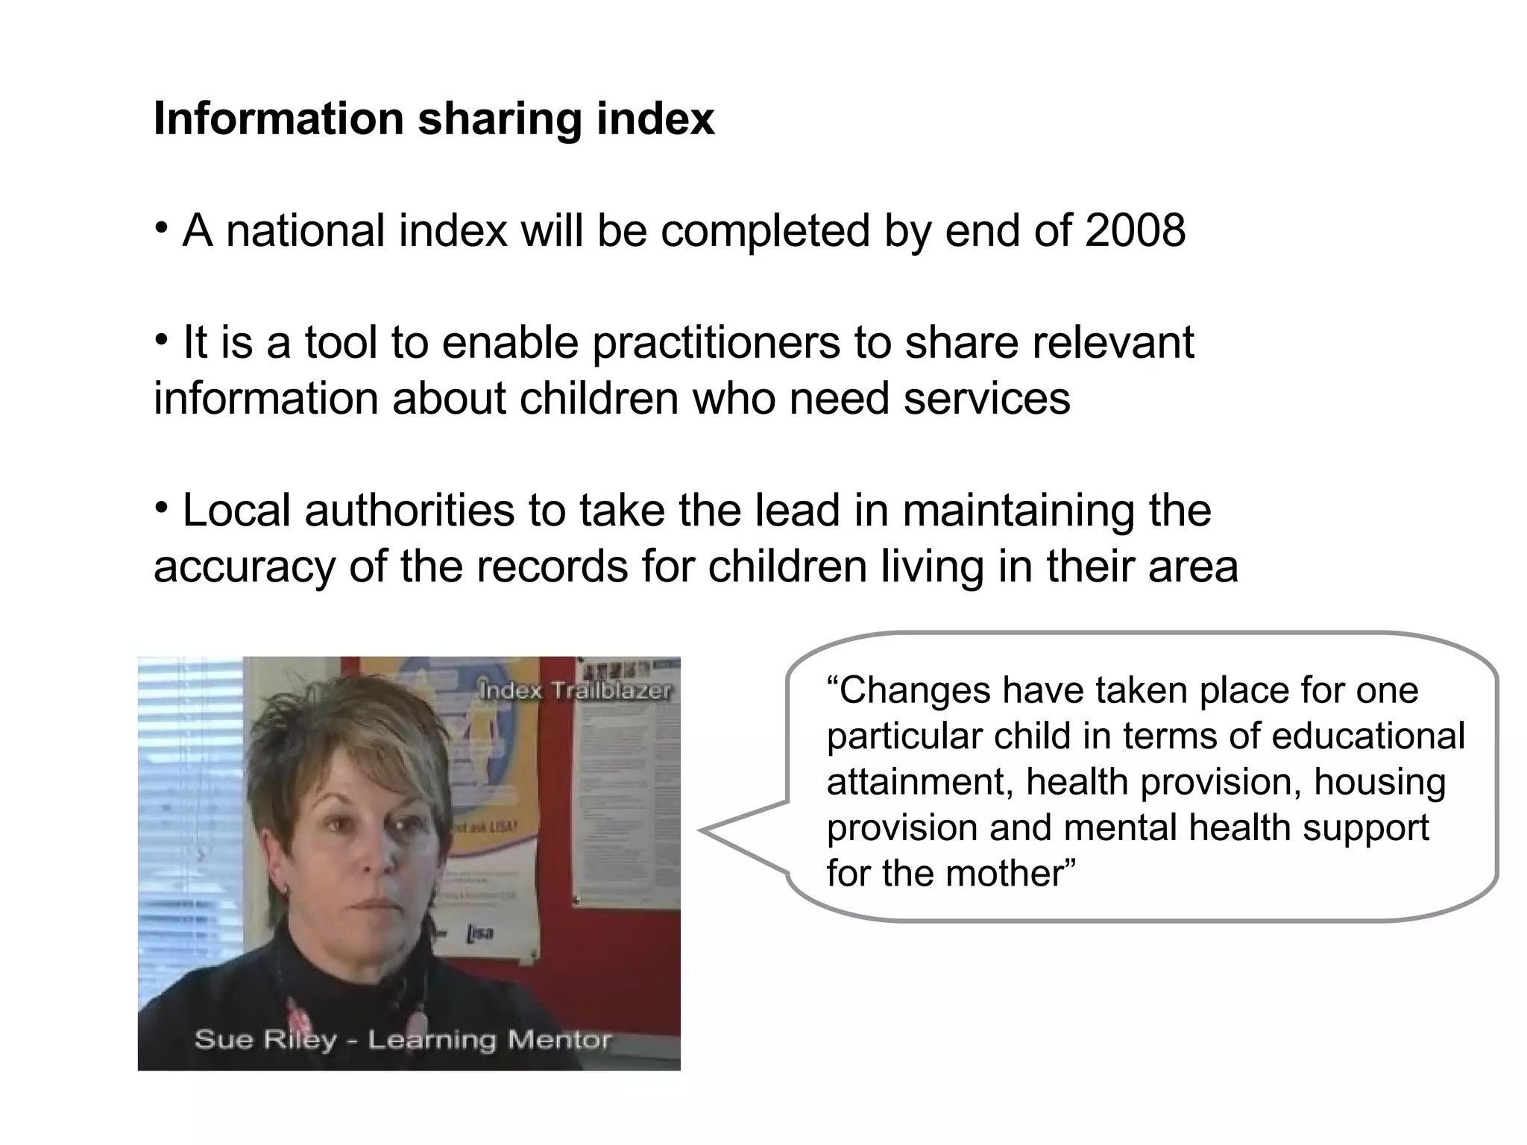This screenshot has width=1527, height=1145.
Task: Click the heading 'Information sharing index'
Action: [x=434, y=119]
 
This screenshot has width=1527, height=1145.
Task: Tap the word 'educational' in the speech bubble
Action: [x=1368, y=736]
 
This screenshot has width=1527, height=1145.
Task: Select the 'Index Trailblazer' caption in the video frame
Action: [x=575, y=690]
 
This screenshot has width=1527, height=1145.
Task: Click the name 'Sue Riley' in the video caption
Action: [x=265, y=1038]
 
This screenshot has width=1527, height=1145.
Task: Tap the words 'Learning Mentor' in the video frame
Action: [x=490, y=1038]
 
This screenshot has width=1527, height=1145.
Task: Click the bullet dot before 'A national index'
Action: [x=160, y=227]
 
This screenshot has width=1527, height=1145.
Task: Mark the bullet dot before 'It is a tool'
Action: [x=160, y=340]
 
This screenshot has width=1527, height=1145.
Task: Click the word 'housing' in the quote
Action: [x=1379, y=782]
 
